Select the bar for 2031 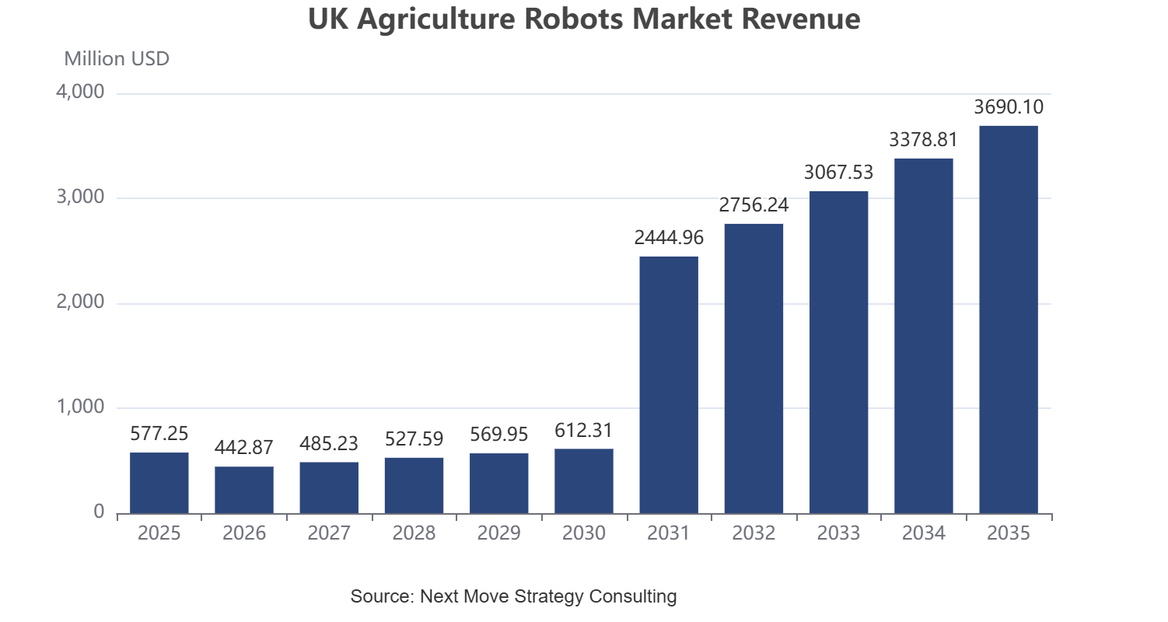669,385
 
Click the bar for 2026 244,490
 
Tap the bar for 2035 1009,320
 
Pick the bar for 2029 499,484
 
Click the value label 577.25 159,433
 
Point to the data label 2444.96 669,237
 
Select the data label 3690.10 1009,107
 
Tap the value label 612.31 583,430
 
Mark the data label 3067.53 838,172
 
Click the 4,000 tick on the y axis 80,92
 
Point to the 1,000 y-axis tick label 80,407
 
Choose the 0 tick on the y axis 99,512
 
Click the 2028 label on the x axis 414,533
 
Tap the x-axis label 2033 838,533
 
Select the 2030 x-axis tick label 583,533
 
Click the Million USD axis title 117,58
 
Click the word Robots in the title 573,19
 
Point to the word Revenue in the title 801,19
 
